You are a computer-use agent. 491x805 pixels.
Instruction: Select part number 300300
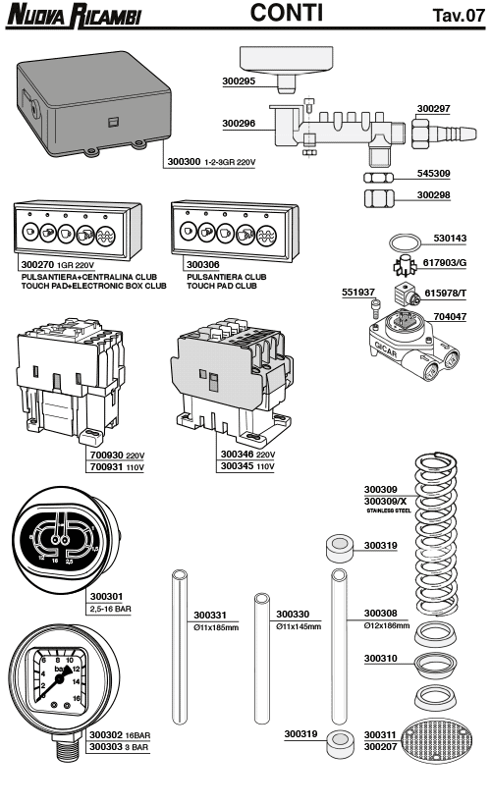(185, 160)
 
